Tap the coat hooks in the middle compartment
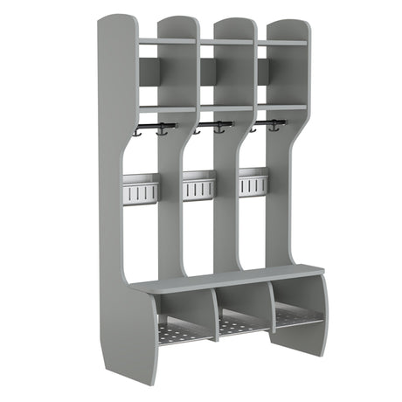(211, 127)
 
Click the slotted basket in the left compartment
(141, 188)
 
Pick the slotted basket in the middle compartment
(198, 184)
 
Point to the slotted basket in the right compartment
(253, 182)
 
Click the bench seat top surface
(227, 281)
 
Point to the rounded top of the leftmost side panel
(116, 22)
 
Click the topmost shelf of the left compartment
(166, 41)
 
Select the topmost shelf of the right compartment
(282, 42)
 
